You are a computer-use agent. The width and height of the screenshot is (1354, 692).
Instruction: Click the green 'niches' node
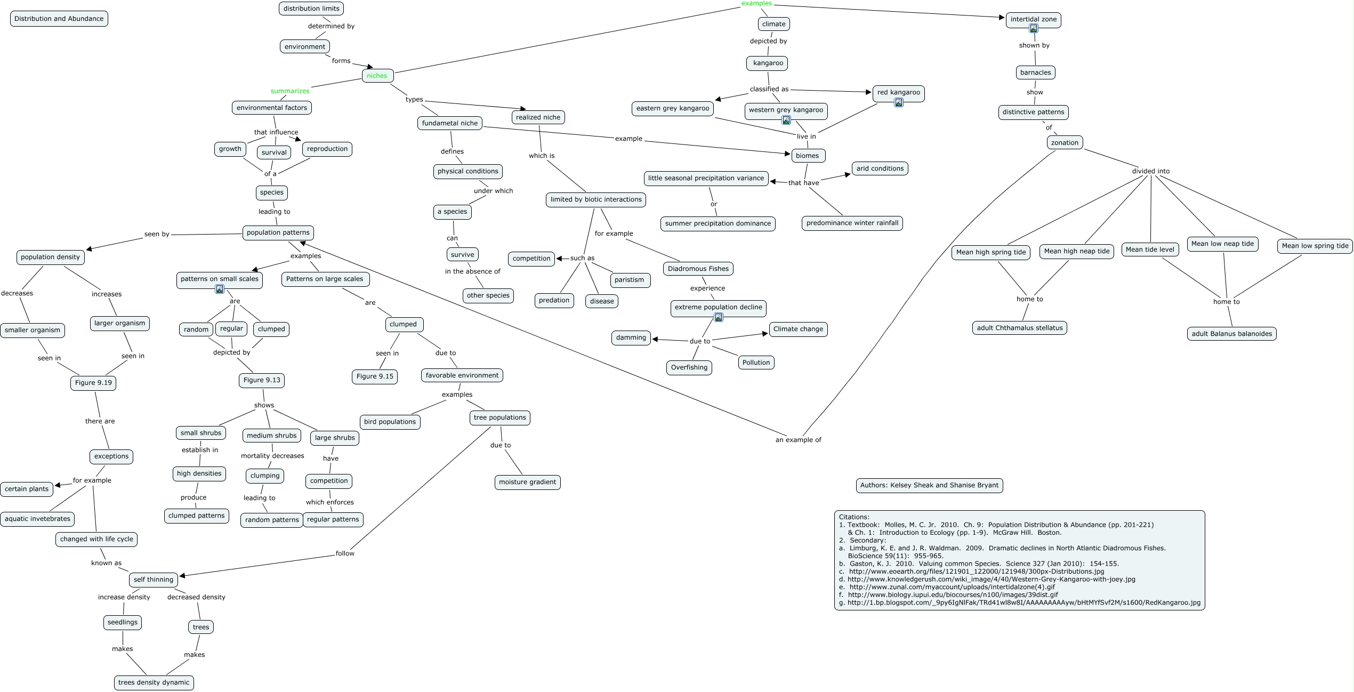[x=377, y=76]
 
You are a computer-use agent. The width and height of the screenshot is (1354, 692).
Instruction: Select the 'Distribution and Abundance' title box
[x=59, y=19]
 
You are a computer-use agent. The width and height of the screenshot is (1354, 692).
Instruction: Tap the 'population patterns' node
[x=278, y=232]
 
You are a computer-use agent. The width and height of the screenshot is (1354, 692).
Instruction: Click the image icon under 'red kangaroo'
[x=898, y=102]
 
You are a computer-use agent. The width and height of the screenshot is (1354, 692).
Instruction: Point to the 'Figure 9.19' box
[x=93, y=383]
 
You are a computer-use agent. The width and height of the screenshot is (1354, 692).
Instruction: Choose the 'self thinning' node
[x=153, y=580]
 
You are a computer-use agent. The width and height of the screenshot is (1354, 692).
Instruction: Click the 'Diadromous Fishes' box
[x=698, y=269]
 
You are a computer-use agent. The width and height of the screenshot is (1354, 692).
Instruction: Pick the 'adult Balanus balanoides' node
[x=1231, y=334]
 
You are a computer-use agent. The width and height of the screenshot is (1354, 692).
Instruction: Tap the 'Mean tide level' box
[x=1150, y=250]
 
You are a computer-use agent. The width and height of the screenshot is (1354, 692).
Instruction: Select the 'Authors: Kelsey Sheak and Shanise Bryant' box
[x=929, y=485]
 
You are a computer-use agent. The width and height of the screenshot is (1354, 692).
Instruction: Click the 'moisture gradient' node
[x=527, y=482]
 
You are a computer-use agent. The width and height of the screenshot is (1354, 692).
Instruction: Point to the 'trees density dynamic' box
[x=154, y=682]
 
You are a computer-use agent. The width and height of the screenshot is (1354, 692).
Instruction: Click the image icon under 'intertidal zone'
[x=1033, y=29]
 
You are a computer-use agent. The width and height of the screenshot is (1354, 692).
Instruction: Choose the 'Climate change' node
[x=798, y=329]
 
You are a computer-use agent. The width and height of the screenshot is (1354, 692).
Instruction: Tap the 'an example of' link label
[x=798, y=440]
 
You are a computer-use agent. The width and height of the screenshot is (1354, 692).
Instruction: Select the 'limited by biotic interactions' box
[x=596, y=199]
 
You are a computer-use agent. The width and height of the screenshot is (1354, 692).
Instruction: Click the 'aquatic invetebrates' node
[x=37, y=519]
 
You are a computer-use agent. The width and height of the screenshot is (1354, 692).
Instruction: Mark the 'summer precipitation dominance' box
[x=718, y=223]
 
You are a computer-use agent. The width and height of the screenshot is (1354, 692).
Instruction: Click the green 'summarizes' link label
[x=290, y=91]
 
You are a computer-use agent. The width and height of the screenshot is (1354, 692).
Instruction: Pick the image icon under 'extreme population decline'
[x=718, y=318]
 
